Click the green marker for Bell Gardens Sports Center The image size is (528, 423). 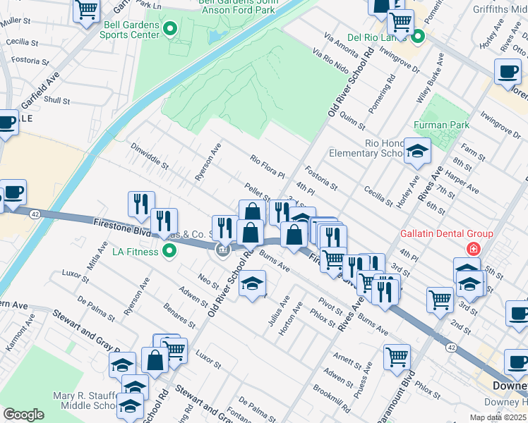tap(169, 29)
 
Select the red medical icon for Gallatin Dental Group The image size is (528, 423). tap(471, 249)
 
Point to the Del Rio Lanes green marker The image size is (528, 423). tap(417, 37)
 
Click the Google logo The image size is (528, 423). tap(23, 414)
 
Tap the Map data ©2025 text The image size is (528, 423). tap(493, 417)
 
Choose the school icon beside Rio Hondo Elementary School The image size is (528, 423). tap(417, 151)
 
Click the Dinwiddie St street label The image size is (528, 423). tap(150, 157)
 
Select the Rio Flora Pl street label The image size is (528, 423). tap(267, 166)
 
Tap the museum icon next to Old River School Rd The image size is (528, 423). tap(222, 250)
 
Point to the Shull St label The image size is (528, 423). tap(57, 101)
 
